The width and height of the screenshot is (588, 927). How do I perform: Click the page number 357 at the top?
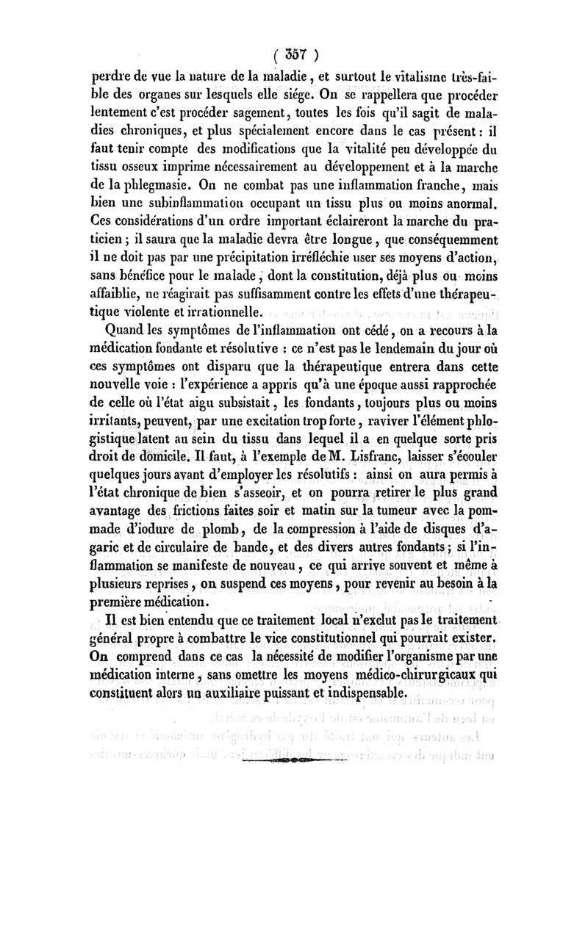coord(293,54)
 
